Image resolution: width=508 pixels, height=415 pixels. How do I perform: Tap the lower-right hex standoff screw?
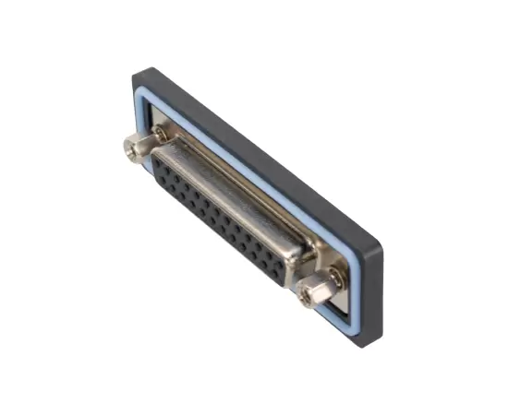tap(311, 291)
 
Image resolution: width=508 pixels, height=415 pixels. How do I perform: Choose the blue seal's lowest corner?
tap(355, 323)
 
